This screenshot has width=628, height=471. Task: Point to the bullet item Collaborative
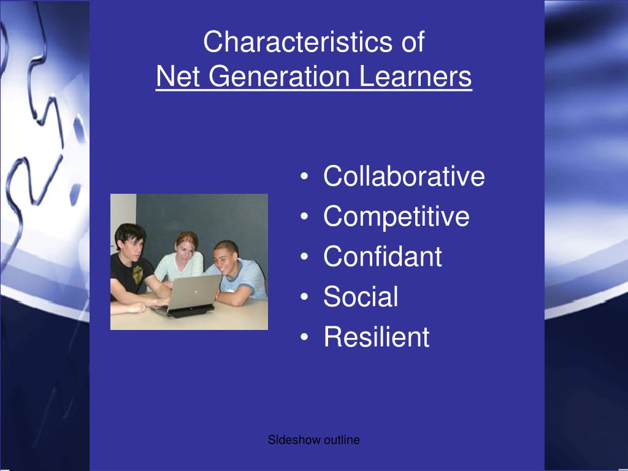404,177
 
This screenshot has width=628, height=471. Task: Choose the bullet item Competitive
396,216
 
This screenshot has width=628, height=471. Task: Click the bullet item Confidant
382,256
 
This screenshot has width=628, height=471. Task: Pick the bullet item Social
361,297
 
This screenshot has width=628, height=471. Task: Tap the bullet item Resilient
377,337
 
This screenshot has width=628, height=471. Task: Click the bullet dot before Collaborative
305,178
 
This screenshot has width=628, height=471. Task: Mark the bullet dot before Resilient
305,338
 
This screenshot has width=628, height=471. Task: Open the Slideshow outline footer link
313,440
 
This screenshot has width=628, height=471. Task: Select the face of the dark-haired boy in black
132,243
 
